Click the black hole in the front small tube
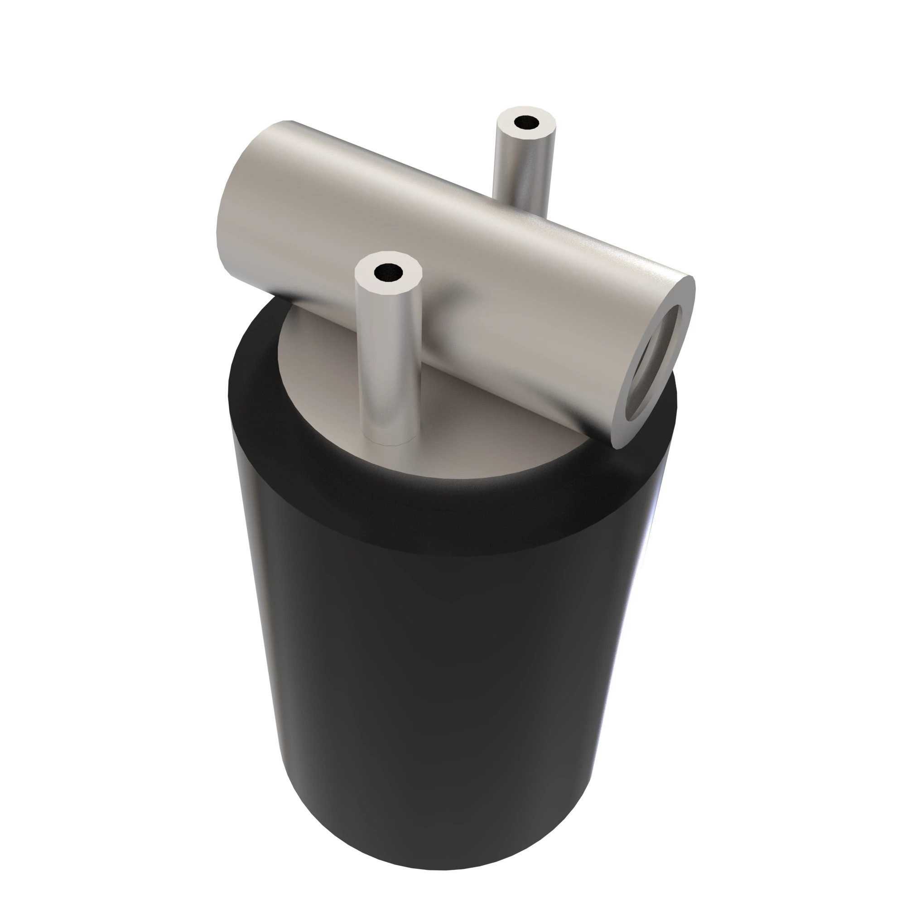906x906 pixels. coord(388,272)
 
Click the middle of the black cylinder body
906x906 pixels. coord(450,680)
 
